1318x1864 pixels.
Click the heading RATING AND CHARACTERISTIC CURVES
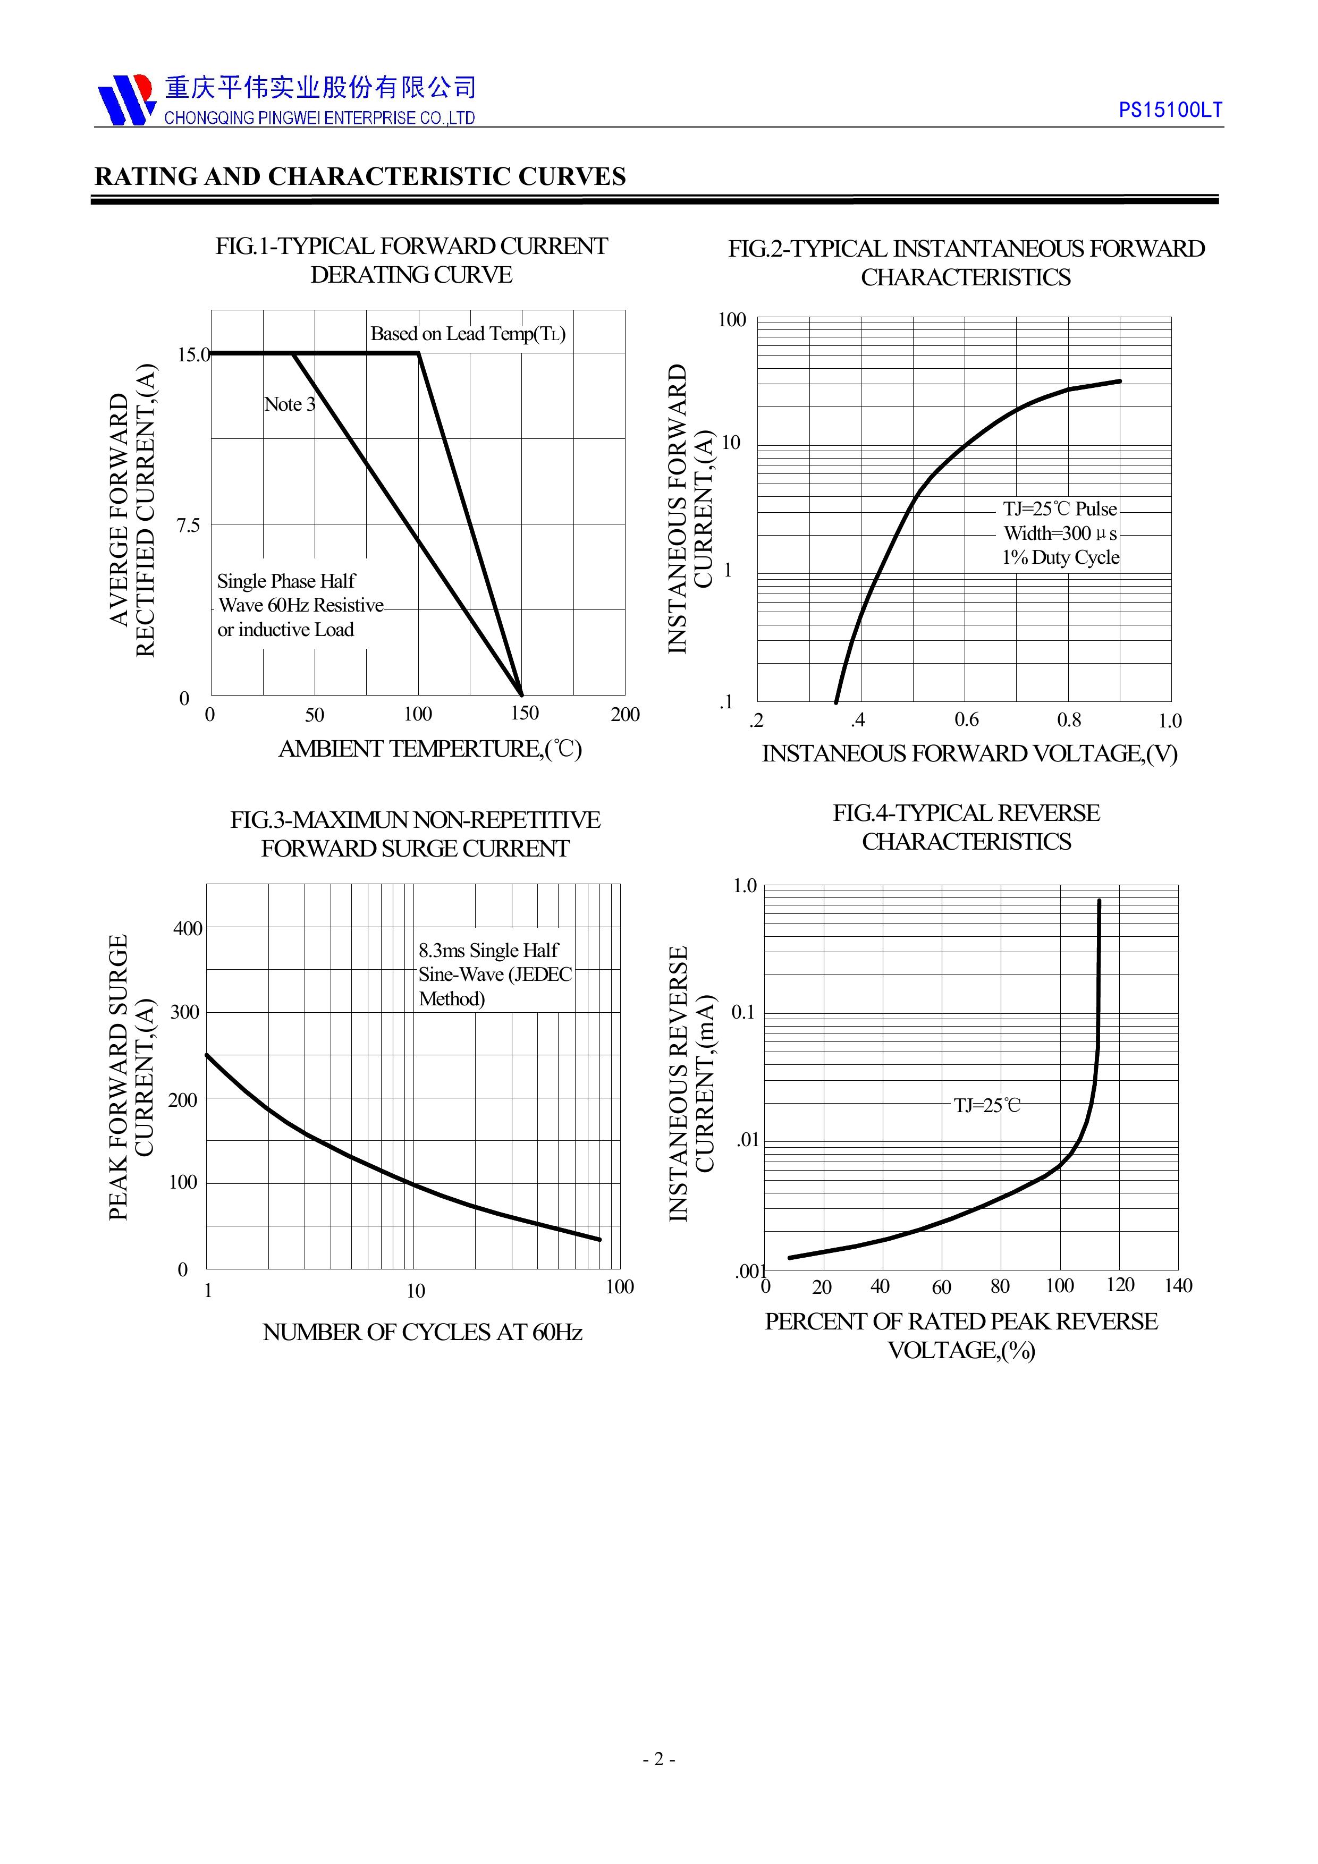360,177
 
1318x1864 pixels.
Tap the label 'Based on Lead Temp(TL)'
468,334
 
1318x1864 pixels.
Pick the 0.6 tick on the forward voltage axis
966,720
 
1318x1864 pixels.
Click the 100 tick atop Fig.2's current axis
732,320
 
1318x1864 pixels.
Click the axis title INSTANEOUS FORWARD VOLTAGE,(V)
969,753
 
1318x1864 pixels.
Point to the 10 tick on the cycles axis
416,1291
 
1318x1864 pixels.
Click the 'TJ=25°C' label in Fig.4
987,1106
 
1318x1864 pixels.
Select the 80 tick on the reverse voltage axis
1000,1287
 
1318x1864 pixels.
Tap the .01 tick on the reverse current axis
747,1140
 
